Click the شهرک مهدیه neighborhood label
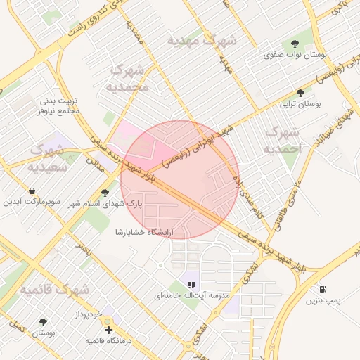pyautogui.click(x=202, y=41)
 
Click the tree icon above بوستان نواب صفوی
pyautogui.click(x=294, y=42)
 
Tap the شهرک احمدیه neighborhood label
pyautogui.click(x=282, y=141)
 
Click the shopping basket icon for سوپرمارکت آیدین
pyautogui.click(x=32, y=191)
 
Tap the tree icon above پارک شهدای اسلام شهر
pyautogui.click(x=105, y=192)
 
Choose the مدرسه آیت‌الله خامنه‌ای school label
pyautogui.click(x=193, y=297)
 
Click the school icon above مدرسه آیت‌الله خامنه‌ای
pyautogui.click(x=191, y=285)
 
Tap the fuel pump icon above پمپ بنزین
pyautogui.click(x=323, y=288)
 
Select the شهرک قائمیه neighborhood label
pyautogui.click(x=54, y=290)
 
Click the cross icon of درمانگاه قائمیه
pyautogui.click(x=108, y=329)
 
